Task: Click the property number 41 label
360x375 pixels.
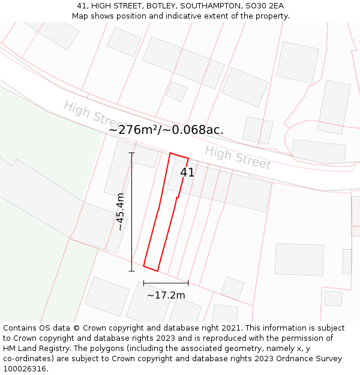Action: [x=187, y=172]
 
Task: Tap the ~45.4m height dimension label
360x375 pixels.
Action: [x=121, y=212]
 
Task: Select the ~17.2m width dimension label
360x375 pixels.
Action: [x=166, y=295]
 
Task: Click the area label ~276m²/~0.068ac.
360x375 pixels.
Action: [x=166, y=130]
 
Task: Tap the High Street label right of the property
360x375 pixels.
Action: [x=238, y=157]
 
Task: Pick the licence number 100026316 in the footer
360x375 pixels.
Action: [x=23, y=368]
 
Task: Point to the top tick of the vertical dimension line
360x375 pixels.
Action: [x=132, y=153]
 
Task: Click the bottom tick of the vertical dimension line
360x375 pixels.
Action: [x=132, y=271]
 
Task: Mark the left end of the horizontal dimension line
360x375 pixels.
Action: [x=144, y=283]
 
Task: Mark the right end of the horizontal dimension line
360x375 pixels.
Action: [x=188, y=283]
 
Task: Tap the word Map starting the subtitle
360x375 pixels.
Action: [x=81, y=16]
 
